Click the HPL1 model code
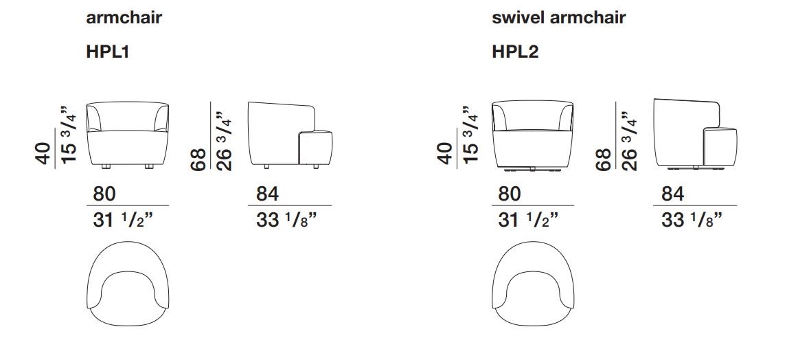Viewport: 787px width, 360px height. point(108,52)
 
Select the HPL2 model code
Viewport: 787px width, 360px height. point(516,52)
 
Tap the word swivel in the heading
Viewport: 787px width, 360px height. point(518,18)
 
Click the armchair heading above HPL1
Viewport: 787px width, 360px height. point(124,18)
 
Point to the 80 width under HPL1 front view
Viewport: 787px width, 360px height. point(104,194)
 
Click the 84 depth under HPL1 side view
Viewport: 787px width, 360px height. point(268,194)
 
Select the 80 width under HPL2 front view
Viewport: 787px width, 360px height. point(510,194)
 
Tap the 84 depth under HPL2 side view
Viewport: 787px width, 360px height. point(673,194)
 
